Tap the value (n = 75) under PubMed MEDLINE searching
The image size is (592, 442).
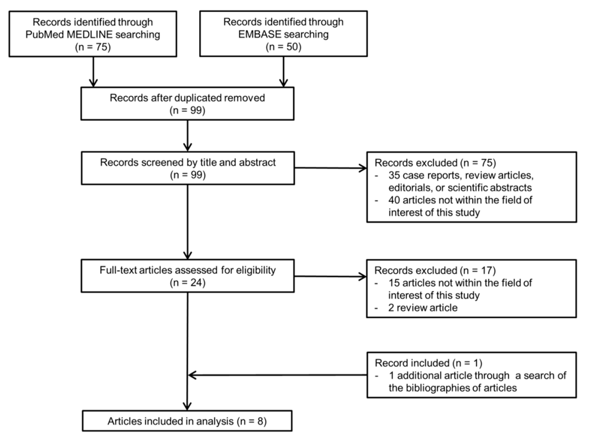[x=93, y=47]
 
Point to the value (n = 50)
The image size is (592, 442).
[x=283, y=47]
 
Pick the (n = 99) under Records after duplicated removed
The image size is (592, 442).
[x=187, y=110]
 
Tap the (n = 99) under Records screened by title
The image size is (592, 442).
[x=188, y=175]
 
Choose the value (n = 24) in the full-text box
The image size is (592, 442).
[x=187, y=283]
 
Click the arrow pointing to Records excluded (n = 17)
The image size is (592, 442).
[x=330, y=276]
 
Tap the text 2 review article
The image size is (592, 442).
[x=423, y=308]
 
